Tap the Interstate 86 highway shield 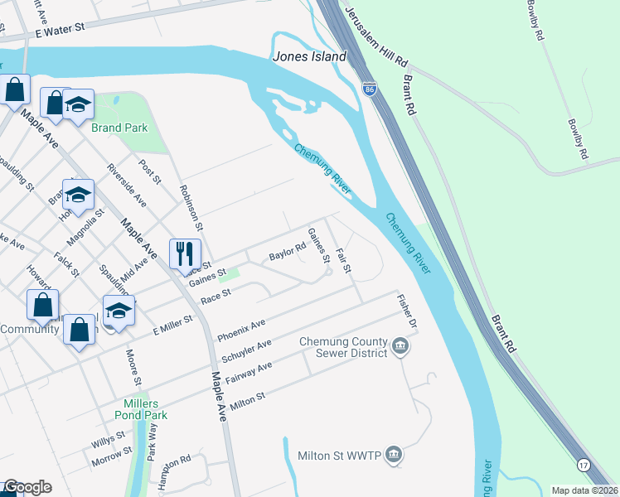pyautogui.click(x=369, y=87)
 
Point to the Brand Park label pyautogui.click(x=119, y=128)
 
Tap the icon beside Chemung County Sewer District pyautogui.click(x=400, y=345)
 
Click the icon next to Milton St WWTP pyautogui.click(x=394, y=455)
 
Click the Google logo pyautogui.click(x=27, y=487)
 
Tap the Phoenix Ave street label pyautogui.click(x=241, y=331)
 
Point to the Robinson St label pyautogui.click(x=191, y=206)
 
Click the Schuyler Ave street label pyautogui.click(x=247, y=352)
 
